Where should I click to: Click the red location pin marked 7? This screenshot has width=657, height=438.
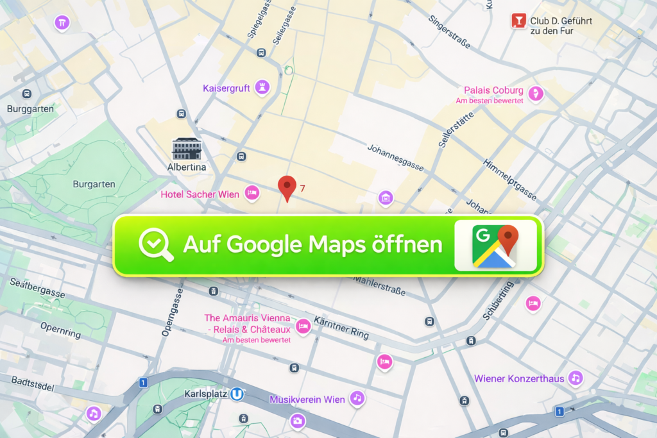(287, 187)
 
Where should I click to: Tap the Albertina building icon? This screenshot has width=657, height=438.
(187, 149)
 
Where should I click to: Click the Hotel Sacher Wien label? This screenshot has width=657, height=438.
(200, 194)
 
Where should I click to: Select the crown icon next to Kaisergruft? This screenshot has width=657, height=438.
(262, 87)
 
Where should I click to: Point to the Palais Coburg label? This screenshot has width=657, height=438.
(493, 90)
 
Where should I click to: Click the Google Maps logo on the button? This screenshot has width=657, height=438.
(495, 245)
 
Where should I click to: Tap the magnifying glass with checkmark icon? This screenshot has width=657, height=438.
(157, 245)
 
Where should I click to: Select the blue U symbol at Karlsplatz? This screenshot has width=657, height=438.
(237, 393)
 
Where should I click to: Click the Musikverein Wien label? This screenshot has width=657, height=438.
(307, 400)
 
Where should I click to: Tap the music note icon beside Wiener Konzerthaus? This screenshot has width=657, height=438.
(576, 378)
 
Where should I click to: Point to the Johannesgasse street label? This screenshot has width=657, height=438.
(395, 157)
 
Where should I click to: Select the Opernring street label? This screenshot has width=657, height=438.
(60, 330)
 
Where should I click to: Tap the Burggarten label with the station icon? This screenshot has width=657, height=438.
(31, 109)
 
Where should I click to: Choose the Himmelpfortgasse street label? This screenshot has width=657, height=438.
(509, 179)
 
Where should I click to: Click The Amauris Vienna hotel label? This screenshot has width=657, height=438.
(247, 324)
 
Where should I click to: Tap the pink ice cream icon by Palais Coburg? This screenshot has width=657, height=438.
(535, 94)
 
